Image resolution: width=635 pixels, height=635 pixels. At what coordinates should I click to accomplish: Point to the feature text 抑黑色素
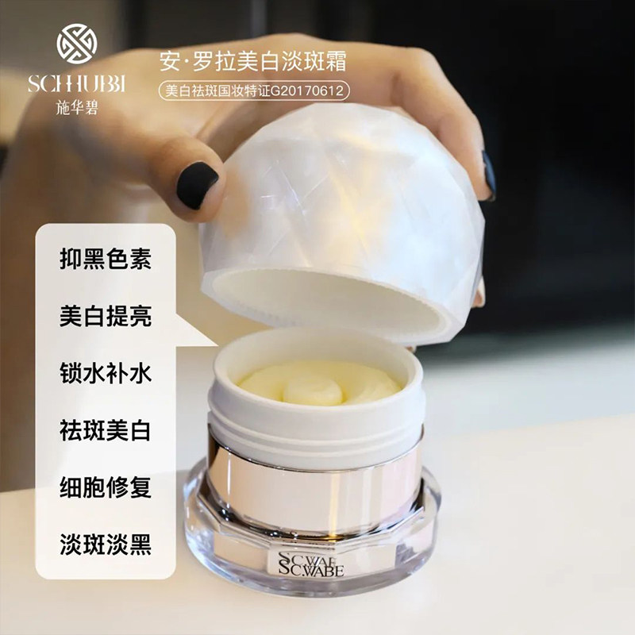[105, 259]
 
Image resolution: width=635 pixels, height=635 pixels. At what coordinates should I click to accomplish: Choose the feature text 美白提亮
[105, 316]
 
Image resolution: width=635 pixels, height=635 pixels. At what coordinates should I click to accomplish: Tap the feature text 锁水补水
[105, 374]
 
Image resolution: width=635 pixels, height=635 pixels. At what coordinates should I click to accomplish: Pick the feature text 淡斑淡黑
[105, 545]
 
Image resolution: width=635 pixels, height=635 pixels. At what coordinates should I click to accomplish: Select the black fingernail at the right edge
[488, 175]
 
